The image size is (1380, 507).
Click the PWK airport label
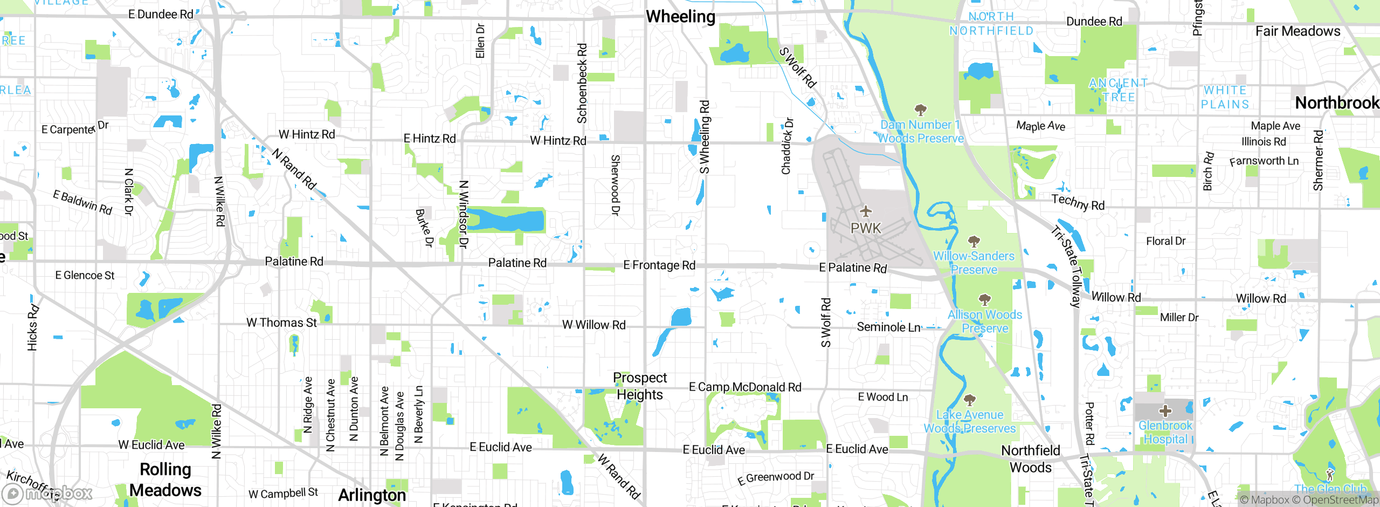[x=866, y=228]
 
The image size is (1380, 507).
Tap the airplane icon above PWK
[x=866, y=211]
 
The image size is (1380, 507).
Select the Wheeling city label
[x=680, y=17]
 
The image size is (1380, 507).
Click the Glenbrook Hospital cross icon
[x=1165, y=411]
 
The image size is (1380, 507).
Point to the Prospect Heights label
[x=640, y=386]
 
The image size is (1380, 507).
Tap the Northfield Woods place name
[x=1030, y=458]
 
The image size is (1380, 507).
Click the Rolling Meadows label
[x=165, y=479]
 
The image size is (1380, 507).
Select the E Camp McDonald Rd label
[x=745, y=387]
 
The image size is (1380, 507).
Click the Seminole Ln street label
[x=888, y=327]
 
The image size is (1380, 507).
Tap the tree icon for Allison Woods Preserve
[x=985, y=299]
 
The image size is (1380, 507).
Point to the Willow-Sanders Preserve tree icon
[x=974, y=241]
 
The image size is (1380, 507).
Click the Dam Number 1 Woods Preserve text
[x=921, y=132]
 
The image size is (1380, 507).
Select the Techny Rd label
[x=1078, y=202]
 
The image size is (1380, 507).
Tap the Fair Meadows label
[x=1298, y=31]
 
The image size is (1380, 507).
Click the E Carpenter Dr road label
[x=75, y=128]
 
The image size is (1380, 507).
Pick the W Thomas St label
[x=281, y=323]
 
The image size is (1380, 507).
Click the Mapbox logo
[x=47, y=493]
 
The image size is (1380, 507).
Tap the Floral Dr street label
[x=1165, y=241]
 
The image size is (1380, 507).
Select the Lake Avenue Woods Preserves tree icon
[x=970, y=400]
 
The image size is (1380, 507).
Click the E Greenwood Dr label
[x=775, y=477]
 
